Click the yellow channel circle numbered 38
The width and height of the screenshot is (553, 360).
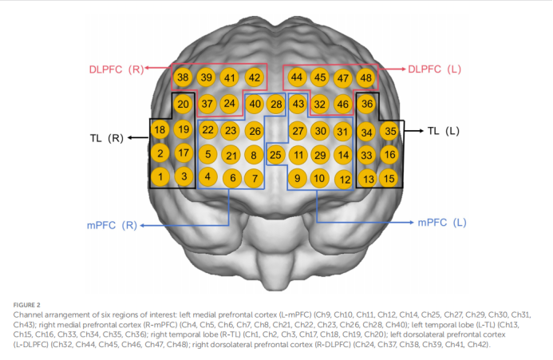183,77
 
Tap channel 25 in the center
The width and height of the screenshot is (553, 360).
275,154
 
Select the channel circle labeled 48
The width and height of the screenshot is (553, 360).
365,77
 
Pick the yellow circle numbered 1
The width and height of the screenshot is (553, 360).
160,176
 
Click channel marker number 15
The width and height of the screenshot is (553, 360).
389,178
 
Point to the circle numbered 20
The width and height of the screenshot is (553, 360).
183,105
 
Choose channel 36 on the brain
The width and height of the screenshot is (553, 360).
367,104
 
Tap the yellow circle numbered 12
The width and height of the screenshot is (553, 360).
344,180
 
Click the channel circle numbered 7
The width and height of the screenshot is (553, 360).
253,179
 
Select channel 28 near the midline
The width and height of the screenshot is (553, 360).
276,104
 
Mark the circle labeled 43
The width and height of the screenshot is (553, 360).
298,104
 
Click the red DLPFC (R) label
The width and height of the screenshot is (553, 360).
116,69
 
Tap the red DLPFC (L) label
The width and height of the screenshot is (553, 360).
435,69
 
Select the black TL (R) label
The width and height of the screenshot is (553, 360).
106,138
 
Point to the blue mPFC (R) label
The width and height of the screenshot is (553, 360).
113,225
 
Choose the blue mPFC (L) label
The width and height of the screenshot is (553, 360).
441,222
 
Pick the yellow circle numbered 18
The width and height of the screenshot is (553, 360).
160,130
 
